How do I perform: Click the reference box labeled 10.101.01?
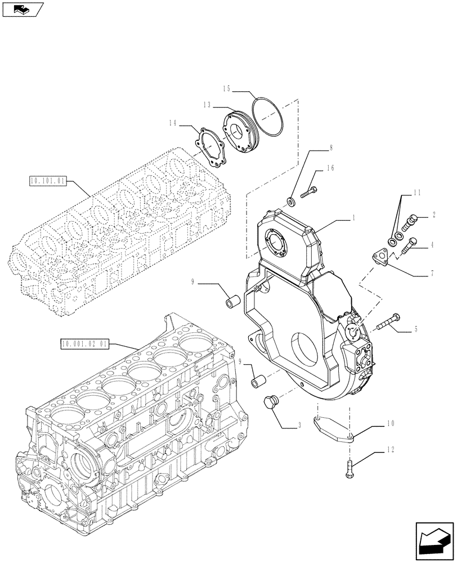tap(47, 181)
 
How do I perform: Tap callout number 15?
tap(226, 88)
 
